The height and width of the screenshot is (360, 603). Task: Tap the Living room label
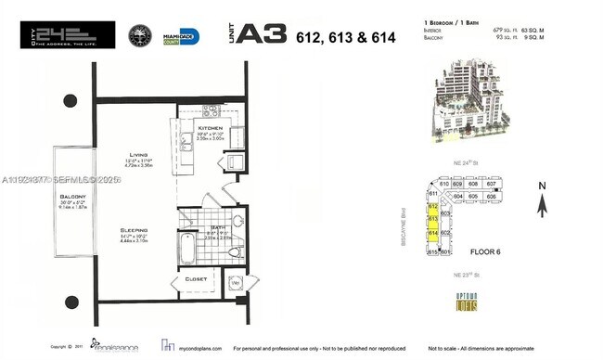(x=139, y=156)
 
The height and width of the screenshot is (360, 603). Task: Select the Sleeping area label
(x=136, y=229)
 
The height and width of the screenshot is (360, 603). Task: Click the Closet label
(x=196, y=277)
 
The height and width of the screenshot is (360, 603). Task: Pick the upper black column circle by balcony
(x=71, y=99)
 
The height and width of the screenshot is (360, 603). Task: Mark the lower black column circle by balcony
(x=71, y=301)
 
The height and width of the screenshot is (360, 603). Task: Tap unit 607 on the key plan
(x=492, y=184)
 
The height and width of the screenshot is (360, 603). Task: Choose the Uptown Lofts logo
(x=466, y=300)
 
